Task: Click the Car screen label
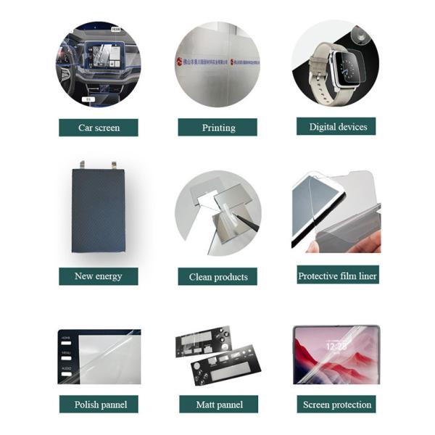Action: pos(99,128)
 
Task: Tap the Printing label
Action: pos(217,128)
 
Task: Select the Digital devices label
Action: pos(336,126)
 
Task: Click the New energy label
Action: pos(99,275)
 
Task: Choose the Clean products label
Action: pos(217,276)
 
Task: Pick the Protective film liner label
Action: pos(337,275)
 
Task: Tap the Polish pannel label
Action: pos(100,404)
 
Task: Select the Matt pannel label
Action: pos(218,404)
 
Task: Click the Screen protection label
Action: pos(336,404)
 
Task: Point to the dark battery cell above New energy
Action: pos(99,210)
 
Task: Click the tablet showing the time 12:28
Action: pos(336,355)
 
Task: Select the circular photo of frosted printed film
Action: pos(217,64)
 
